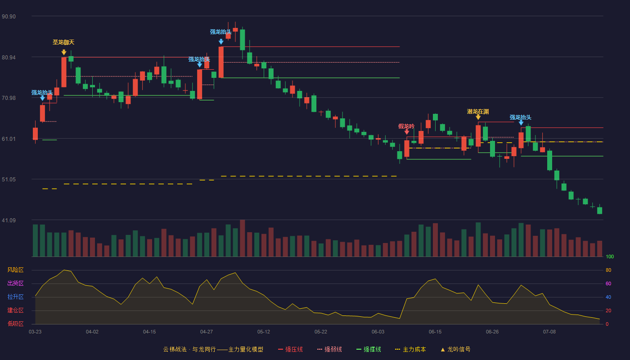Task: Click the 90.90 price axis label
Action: pyautogui.click(x=9, y=17)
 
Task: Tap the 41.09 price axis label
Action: pyautogui.click(x=9, y=220)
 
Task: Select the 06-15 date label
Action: pyautogui.click(x=435, y=332)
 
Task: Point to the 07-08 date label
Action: pyautogui.click(x=549, y=332)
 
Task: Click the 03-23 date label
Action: pyautogui.click(x=35, y=332)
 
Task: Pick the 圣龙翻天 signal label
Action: pyautogui.click(x=63, y=42)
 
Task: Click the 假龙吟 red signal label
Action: pyautogui.click(x=406, y=126)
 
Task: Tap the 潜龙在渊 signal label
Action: pyautogui.click(x=478, y=112)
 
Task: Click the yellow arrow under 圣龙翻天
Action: pyautogui.click(x=64, y=52)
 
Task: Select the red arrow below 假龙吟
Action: pyautogui.click(x=407, y=132)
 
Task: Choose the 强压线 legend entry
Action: pyautogui.click(x=290, y=349)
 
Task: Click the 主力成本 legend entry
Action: pyautogui.click(x=410, y=349)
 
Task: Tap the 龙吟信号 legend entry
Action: pyautogui.click(x=455, y=349)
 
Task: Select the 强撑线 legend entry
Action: pyautogui.click(x=369, y=349)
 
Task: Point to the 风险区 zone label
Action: pyautogui.click(x=15, y=270)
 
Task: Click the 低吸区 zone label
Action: pyautogui.click(x=15, y=324)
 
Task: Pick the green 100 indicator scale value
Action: pyautogui.click(x=610, y=256)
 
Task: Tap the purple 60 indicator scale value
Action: pyautogui.click(x=608, y=283)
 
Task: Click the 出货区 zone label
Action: pyautogui.click(x=15, y=283)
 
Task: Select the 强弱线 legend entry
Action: pyautogui.click(x=329, y=349)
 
